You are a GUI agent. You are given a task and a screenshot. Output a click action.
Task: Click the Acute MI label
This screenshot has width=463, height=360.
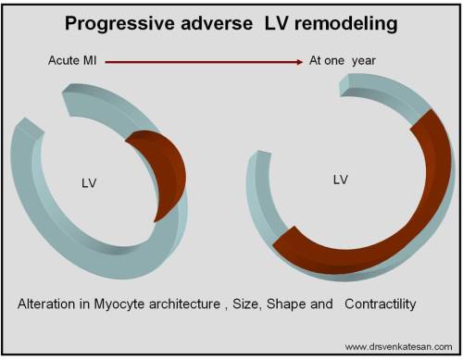(x=72, y=62)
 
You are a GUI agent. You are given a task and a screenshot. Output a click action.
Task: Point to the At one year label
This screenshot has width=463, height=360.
(x=344, y=62)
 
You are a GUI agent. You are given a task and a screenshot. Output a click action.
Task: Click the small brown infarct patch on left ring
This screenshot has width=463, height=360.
(x=153, y=171)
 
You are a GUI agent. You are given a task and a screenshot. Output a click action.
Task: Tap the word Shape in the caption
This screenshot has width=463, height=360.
(x=301, y=304)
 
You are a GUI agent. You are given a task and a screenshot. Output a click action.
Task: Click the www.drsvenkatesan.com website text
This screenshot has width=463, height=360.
(x=398, y=347)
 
